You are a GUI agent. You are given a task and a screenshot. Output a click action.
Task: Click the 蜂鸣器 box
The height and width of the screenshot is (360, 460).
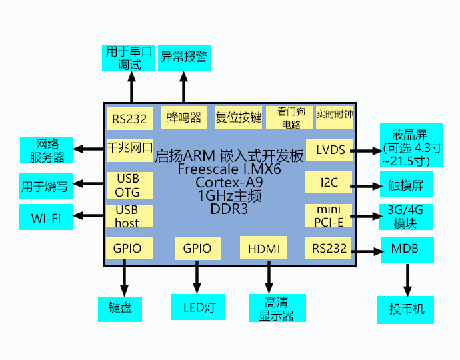point(184,117)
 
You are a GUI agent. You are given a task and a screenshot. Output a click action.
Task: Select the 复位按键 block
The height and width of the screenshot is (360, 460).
point(238,117)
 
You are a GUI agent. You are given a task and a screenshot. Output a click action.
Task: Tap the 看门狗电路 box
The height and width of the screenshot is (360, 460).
point(289,117)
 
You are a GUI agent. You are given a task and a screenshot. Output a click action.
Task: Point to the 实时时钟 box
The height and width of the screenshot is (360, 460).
point(335,117)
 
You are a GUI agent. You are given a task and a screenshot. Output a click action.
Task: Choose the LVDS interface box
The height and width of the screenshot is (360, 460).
point(329,150)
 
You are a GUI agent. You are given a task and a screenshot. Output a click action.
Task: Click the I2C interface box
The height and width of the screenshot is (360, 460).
point(329,182)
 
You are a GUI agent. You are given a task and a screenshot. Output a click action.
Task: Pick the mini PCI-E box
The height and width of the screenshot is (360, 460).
point(329,215)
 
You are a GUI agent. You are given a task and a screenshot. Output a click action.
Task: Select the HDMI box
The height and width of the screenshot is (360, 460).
point(263,247)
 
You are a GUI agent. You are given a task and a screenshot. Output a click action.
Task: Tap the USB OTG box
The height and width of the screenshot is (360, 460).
point(130,185)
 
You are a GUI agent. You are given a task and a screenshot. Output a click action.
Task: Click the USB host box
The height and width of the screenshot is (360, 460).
point(129,216)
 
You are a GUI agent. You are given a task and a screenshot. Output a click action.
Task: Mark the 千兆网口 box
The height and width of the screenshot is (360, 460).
point(130,151)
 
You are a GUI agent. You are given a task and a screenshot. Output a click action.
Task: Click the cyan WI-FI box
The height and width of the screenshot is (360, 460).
point(46,217)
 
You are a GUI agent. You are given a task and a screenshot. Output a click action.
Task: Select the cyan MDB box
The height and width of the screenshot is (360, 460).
point(407,250)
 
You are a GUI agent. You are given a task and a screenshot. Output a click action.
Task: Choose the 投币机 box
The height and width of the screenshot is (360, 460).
point(405,310)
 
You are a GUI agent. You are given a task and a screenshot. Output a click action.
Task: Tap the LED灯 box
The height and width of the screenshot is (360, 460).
point(198,307)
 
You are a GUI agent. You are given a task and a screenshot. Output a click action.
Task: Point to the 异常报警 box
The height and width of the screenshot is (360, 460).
point(185,57)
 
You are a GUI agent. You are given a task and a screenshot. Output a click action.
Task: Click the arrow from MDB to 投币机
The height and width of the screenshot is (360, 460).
point(407,280)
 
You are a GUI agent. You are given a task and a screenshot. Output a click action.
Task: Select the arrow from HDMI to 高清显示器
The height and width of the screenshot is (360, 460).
point(269,277)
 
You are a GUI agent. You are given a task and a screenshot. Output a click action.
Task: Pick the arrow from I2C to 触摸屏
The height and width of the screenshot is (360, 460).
point(367,186)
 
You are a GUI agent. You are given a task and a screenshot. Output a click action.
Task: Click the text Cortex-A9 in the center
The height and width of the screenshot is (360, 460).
point(229,182)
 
